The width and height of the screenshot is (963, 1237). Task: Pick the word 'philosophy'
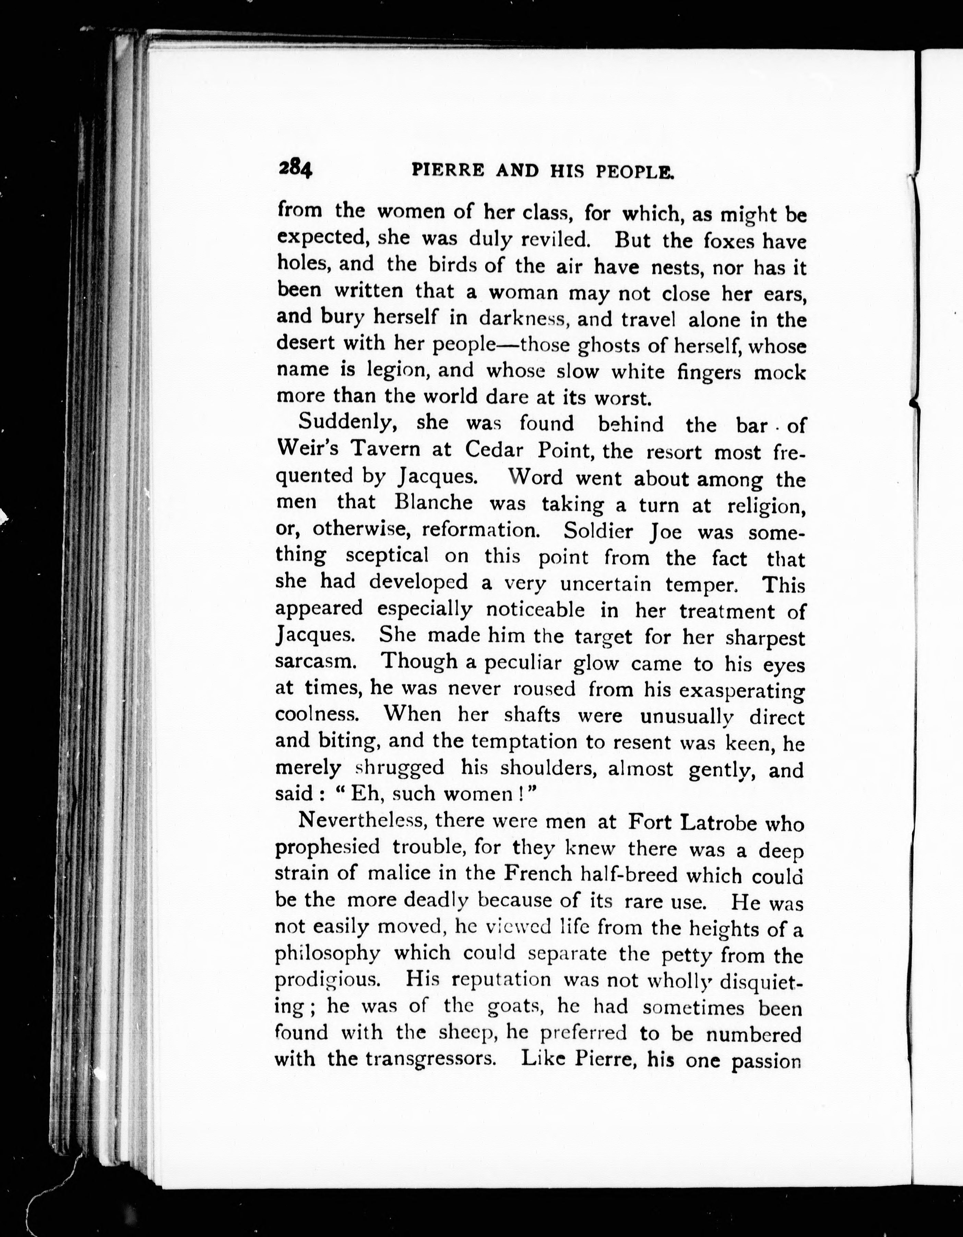click(x=327, y=955)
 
